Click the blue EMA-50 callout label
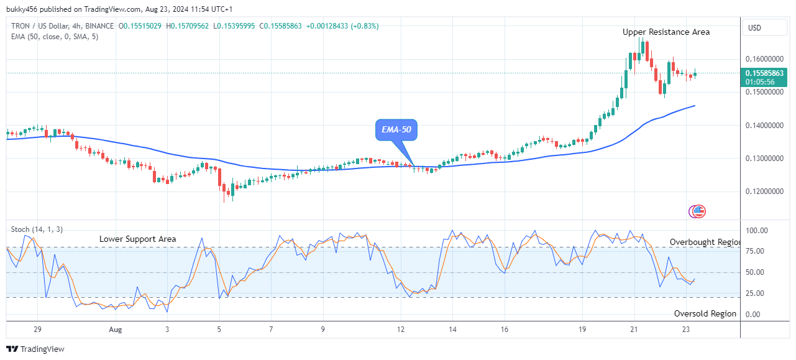click(x=396, y=130)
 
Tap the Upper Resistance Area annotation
click(x=666, y=32)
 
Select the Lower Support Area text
click(x=137, y=239)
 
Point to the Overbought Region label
click(x=705, y=242)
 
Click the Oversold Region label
click(x=705, y=314)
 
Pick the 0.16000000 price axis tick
click(x=764, y=59)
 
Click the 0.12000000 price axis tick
click(x=764, y=192)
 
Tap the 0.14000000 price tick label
click(x=764, y=126)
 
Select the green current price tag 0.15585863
click(x=765, y=73)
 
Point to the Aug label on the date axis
click(x=116, y=329)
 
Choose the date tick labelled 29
click(x=37, y=329)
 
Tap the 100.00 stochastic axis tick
click(x=757, y=231)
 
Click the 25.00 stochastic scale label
click(x=757, y=293)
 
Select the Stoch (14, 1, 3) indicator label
click(x=37, y=229)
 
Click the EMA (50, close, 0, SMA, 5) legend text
click(x=54, y=37)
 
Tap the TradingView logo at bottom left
click(x=35, y=349)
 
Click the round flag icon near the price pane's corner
click(x=697, y=211)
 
